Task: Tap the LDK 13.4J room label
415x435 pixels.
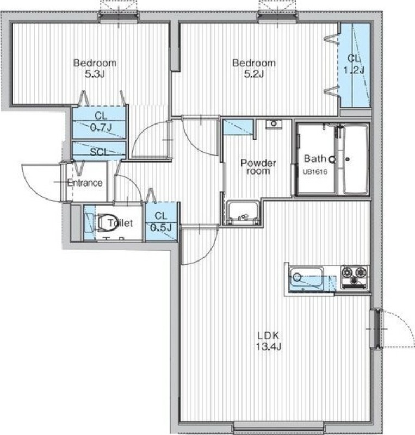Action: coord(269,341)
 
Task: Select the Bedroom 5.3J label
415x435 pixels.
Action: coord(95,69)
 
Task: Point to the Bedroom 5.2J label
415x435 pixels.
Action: coord(253,69)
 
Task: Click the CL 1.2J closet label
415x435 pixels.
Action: coord(354,64)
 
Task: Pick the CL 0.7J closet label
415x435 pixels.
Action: coord(101,121)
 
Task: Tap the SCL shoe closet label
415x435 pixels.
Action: coord(99,152)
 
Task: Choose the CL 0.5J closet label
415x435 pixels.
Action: coord(161,221)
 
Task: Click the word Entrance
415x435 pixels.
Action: coord(85,183)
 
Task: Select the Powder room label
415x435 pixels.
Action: coord(258,166)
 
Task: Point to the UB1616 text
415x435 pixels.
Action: coord(315,172)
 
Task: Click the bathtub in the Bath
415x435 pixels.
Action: coord(356,159)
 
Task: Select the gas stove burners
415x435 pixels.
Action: coord(354,276)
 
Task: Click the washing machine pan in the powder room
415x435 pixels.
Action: coord(243,213)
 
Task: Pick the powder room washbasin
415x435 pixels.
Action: coord(274,124)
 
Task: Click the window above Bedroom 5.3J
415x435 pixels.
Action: coord(119,17)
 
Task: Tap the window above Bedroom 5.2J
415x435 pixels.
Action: coord(277,17)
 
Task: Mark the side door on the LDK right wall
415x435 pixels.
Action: coord(376,329)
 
